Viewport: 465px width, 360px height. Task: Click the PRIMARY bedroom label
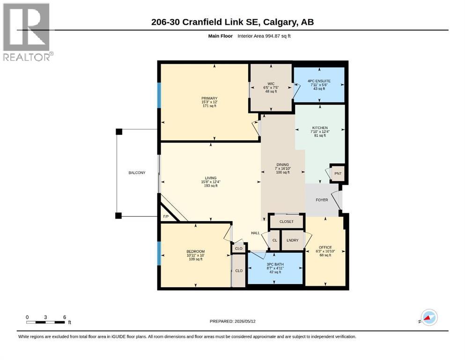coord(209,98)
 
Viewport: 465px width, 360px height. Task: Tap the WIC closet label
coord(271,84)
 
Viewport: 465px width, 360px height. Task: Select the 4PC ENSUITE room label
coord(319,81)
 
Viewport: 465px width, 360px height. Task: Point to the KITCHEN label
coord(320,127)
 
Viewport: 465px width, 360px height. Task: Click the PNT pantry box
coord(338,173)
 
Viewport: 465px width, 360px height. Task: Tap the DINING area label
coord(283,165)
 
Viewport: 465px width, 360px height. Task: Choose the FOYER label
coord(322,200)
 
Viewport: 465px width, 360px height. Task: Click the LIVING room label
coord(211,178)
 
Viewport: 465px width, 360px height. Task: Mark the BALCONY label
coord(137,172)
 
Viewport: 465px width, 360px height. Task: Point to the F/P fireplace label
coord(166,217)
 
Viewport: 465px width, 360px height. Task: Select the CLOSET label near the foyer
coord(287,222)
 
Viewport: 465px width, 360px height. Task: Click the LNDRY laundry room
coord(292,240)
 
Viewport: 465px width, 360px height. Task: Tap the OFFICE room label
coord(325,247)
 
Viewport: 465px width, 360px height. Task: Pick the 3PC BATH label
coord(275,264)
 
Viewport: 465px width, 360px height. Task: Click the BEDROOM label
coord(196,251)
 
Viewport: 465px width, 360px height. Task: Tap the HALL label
coord(255,233)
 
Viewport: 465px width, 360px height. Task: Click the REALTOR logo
coord(28,32)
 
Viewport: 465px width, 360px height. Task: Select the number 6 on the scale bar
coord(65,317)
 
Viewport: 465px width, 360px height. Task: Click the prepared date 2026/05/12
coord(245,321)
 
